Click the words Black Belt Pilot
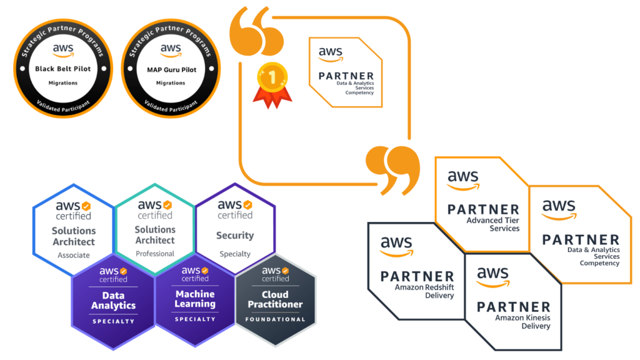63,69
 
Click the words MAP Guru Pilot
171,70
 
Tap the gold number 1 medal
272,85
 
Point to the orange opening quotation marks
256,31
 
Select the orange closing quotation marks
392,170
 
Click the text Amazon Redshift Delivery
424,291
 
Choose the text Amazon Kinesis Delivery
522,322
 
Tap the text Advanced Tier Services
492,224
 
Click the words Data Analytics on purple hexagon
113,301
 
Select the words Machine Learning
195,299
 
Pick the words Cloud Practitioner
275,299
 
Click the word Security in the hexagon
235,236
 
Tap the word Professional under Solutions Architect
155,254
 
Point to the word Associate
74,255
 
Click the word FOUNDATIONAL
275,319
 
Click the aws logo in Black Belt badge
63,50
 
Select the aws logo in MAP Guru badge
171,50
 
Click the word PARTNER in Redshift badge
417,276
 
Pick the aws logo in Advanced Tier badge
463,180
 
